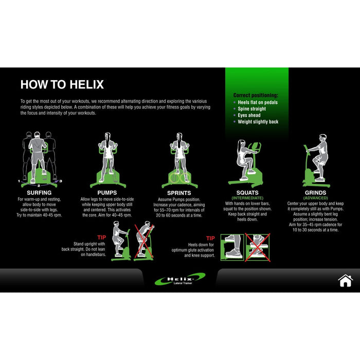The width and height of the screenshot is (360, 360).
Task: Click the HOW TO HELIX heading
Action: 62,85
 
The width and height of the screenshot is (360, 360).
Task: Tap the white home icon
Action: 345,281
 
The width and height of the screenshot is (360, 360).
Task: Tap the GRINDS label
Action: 315,193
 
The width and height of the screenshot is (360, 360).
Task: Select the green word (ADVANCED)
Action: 315,198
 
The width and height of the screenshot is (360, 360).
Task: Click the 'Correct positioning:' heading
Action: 256,95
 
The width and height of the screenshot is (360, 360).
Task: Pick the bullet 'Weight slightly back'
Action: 258,122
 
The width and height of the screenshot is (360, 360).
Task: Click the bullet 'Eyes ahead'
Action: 249,115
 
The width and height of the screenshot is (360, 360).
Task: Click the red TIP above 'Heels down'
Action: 210,238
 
